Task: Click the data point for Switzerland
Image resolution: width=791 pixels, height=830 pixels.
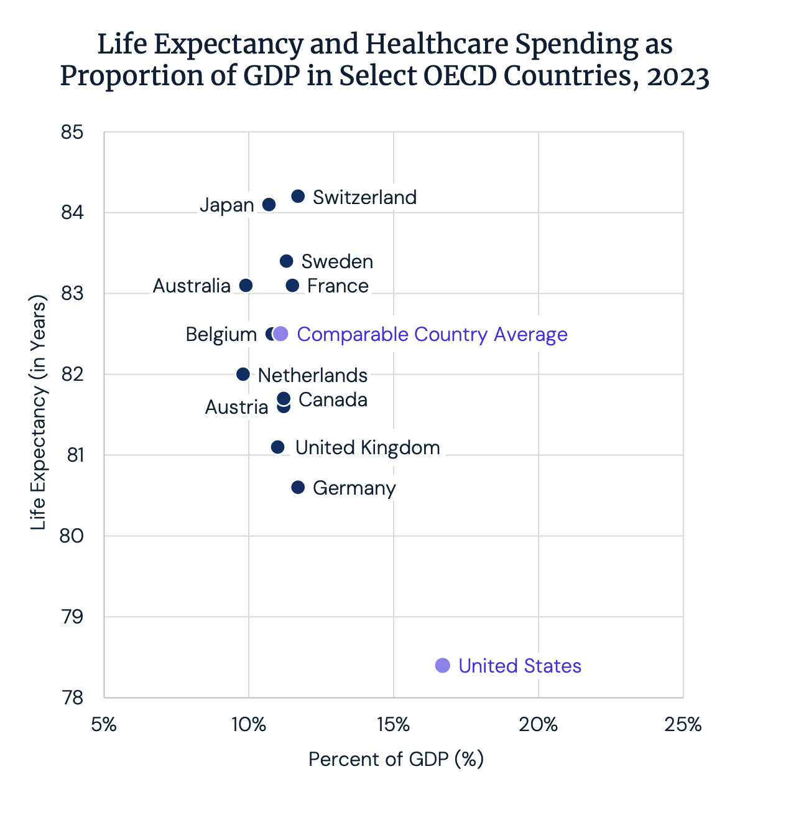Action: pyautogui.click(x=298, y=197)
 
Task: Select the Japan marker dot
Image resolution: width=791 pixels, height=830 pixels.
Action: pyautogui.click(x=269, y=205)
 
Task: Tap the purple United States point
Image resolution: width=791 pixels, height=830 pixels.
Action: pyautogui.click(x=442, y=666)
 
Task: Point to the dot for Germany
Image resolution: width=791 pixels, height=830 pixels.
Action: pyautogui.click(x=298, y=487)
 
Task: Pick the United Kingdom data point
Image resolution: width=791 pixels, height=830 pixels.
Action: pyautogui.click(x=277, y=447)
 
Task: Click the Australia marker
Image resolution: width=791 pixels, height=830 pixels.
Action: pyautogui.click(x=246, y=286)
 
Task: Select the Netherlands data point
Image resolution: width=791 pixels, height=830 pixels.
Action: pyautogui.click(x=243, y=375)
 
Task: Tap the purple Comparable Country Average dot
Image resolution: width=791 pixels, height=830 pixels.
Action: pyautogui.click(x=281, y=334)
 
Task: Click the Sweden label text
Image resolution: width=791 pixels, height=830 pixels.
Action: pyautogui.click(x=337, y=261)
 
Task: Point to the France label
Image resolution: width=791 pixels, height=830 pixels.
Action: pyautogui.click(x=338, y=286)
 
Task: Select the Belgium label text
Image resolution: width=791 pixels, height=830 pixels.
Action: pyautogui.click(x=221, y=335)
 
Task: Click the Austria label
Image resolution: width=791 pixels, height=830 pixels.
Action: pyautogui.click(x=236, y=408)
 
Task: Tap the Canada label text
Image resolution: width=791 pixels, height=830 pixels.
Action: pyautogui.click(x=333, y=399)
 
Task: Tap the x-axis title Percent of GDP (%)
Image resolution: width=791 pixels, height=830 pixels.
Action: pyautogui.click(x=396, y=760)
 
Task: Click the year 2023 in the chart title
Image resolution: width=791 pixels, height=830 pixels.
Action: pyautogui.click(x=678, y=77)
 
